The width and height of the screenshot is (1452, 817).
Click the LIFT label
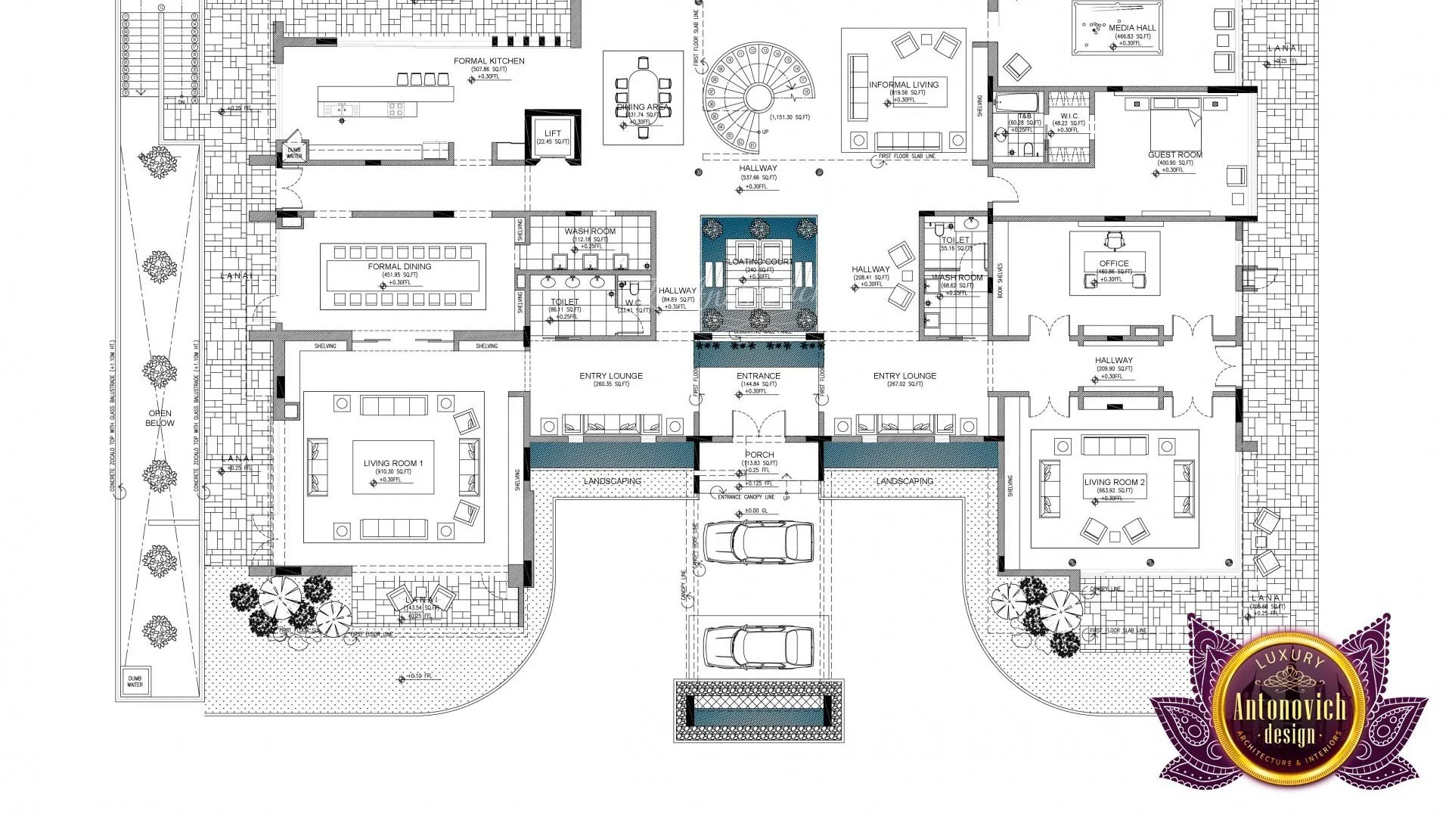pyautogui.click(x=553, y=134)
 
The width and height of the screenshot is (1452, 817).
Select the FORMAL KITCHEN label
pyautogui.click(x=489, y=61)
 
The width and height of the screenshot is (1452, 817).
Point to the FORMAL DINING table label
pyautogui.click(x=399, y=267)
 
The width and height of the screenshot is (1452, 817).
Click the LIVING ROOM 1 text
pyautogui.click(x=393, y=464)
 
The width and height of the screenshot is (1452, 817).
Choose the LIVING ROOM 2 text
pyautogui.click(x=1115, y=482)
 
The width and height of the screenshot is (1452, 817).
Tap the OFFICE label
pyautogui.click(x=1114, y=264)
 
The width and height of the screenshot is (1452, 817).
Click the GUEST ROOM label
pyautogui.click(x=1174, y=155)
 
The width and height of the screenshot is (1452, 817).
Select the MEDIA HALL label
pyautogui.click(x=1132, y=28)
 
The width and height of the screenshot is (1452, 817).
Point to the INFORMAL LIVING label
pyautogui.click(x=904, y=85)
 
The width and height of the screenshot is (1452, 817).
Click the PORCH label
pyautogui.click(x=759, y=455)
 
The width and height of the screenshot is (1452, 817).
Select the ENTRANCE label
pyautogui.click(x=759, y=376)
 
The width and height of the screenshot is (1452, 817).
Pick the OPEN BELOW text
pyautogui.click(x=160, y=418)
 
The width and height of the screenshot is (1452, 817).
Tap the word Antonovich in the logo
pyautogui.click(x=1289, y=709)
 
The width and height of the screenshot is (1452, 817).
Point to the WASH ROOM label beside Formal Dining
pyautogui.click(x=590, y=231)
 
